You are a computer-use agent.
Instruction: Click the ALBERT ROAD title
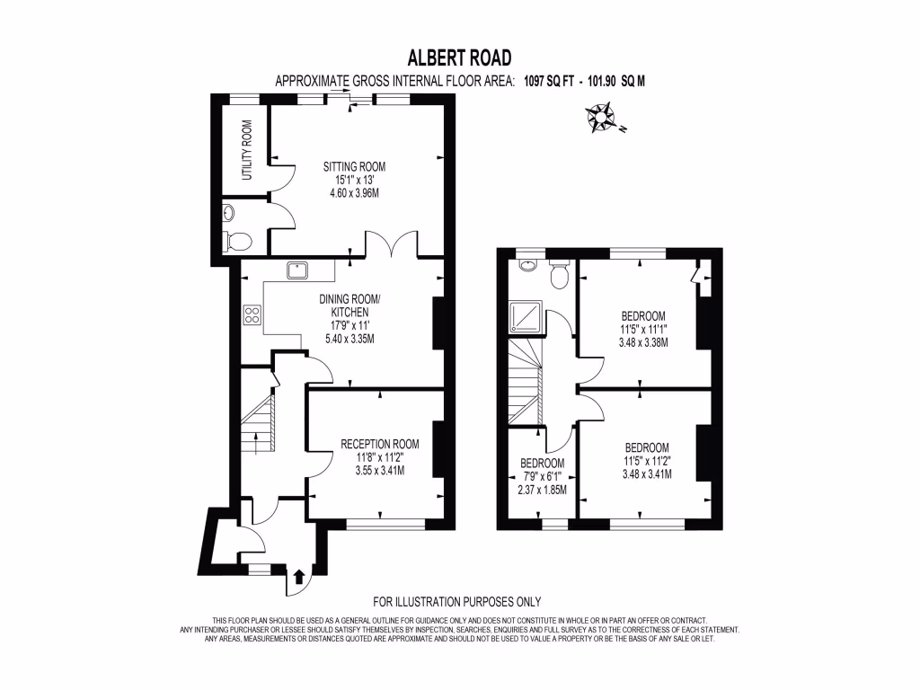click(x=459, y=58)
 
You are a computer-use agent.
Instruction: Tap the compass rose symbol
click(x=601, y=119)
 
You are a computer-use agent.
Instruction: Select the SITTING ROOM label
click(x=354, y=166)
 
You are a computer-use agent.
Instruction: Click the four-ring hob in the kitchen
click(x=252, y=314)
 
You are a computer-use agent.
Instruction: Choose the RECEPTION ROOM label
click(x=380, y=444)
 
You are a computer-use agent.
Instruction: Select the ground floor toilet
click(x=238, y=240)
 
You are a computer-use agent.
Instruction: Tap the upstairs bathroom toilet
click(x=561, y=275)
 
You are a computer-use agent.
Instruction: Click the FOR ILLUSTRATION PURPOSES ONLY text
click(x=457, y=602)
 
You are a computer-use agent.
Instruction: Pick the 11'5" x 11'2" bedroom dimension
click(x=647, y=462)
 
